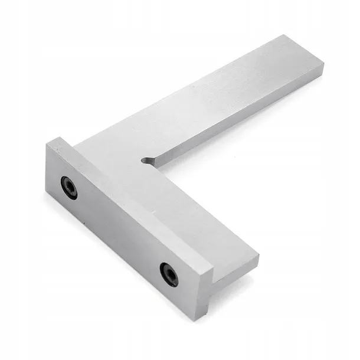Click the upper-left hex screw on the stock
click(69, 188)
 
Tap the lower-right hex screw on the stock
click(169, 274)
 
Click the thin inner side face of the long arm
click(236, 118)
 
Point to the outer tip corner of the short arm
click(258, 258)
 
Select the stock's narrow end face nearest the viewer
click(204, 295)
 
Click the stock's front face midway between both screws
click(118, 230)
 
